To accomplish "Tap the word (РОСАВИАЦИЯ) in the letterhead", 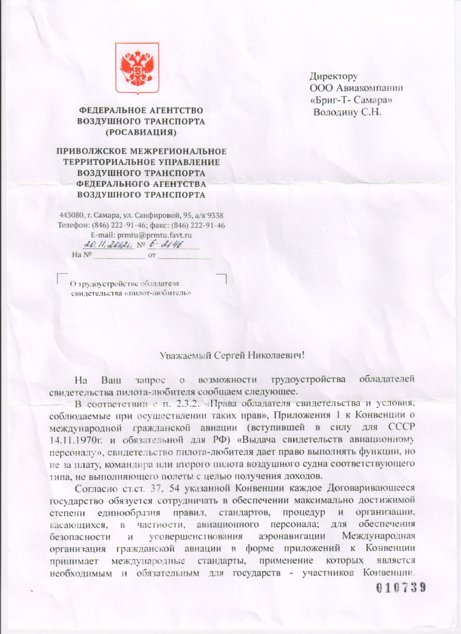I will click(x=140, y=133).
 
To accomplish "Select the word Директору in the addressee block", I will click(x=333, y=77).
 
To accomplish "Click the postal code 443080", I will click(x=70, y=215).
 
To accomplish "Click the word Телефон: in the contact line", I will click(x=74, y=225).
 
